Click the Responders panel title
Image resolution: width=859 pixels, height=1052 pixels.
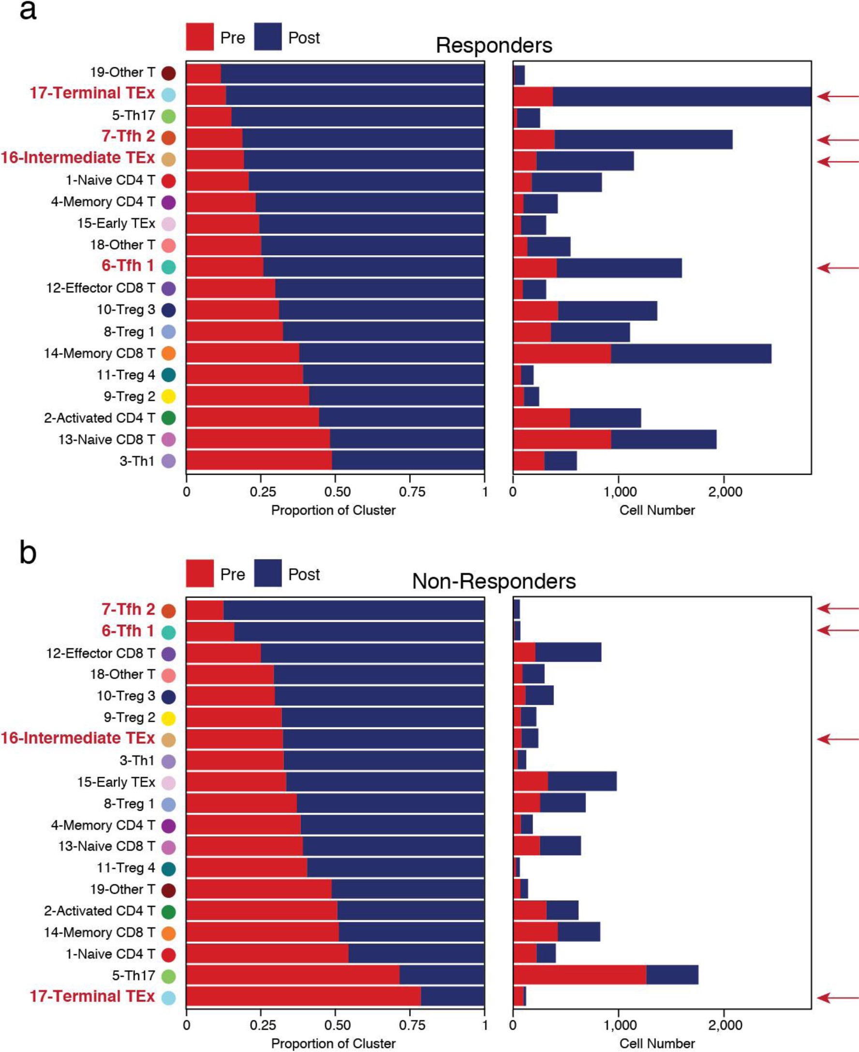pos(493,45)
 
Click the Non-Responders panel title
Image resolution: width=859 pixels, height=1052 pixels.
pos(493,581)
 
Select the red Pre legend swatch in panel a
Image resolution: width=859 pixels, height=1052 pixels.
pos(199,37)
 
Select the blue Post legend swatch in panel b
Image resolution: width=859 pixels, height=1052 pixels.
pos(267,573)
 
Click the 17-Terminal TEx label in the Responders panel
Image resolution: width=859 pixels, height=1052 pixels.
pos(92,93)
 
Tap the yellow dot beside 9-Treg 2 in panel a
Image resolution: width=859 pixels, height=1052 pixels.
pos(169,396)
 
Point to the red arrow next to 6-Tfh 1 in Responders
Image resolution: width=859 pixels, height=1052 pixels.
pos(837,268)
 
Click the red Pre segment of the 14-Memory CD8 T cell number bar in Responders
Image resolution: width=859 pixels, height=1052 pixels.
pos(562,353)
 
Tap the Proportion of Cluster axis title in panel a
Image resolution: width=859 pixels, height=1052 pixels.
pos(333,510)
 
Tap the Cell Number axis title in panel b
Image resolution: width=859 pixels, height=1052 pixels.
pos(657,1044)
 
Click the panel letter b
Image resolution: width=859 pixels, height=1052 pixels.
pos(28,553)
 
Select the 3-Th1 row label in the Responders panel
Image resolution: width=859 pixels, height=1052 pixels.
pos(137,461)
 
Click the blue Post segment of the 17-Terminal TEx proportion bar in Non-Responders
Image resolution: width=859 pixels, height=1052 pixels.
pos(452,996)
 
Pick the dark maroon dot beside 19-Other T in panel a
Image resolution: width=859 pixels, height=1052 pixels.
pos(169,73)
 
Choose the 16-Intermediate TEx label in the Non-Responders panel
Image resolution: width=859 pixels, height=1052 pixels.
pos(78,738)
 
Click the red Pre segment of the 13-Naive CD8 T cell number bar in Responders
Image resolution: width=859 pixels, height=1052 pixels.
pos(562,439)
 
